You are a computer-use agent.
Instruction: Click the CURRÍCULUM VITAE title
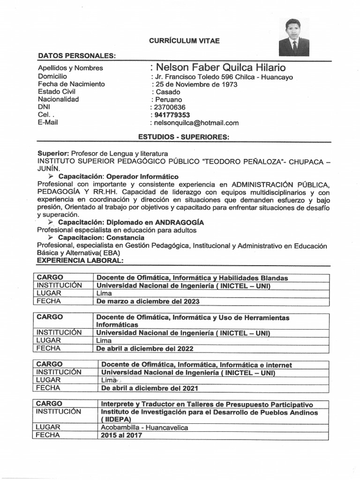tap(184, 41)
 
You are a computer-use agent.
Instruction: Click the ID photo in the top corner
tap(294, 37)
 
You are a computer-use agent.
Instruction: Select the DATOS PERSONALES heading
tap(76, 56)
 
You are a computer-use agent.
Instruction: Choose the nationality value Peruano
tap(168, 99)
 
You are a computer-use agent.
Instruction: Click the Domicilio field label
tap(52, 76)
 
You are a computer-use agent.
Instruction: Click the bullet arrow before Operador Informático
tap(52, 177)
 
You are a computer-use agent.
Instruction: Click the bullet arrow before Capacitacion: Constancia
tap(52, 238)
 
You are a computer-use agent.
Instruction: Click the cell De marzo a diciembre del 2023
tap(148, 301)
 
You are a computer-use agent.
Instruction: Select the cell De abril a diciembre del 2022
tap(144, 348)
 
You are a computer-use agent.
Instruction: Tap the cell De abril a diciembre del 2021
tap(150, 388)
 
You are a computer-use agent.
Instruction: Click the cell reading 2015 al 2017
tap(121, 435)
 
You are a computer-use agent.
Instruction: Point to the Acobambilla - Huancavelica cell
tap(144, 427)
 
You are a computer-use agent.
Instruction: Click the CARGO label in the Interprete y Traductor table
tap(49, 404)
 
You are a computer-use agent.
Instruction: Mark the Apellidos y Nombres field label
tap(70, 68)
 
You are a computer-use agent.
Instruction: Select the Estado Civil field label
tap(57, 92)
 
